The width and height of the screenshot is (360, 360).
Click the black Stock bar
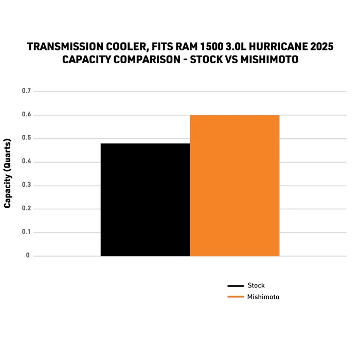coord(145,200)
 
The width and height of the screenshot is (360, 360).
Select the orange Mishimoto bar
coord(235,185)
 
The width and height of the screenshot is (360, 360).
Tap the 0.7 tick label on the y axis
coord(26,91)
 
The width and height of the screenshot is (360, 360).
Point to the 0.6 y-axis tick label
coord(26,115)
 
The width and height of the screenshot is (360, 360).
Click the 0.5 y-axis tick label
coord(26,138)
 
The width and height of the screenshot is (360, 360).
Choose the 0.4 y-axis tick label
coord(26,162)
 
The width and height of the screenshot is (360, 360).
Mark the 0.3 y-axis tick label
coord(26,185)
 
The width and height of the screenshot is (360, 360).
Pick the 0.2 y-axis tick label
coord(26,209)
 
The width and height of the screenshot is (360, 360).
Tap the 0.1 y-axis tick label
coord(26,232)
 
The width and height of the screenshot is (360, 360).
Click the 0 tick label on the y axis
coord(28,256)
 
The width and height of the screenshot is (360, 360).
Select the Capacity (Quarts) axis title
coord(8,173)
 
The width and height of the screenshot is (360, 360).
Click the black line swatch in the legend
coord(235,286)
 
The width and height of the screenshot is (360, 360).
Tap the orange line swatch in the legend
coord(235,297)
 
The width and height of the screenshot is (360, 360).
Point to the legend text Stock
coord(256,285)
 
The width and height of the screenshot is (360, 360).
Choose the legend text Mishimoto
coord(263,297)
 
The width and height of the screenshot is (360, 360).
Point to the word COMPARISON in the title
coord(139,60)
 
